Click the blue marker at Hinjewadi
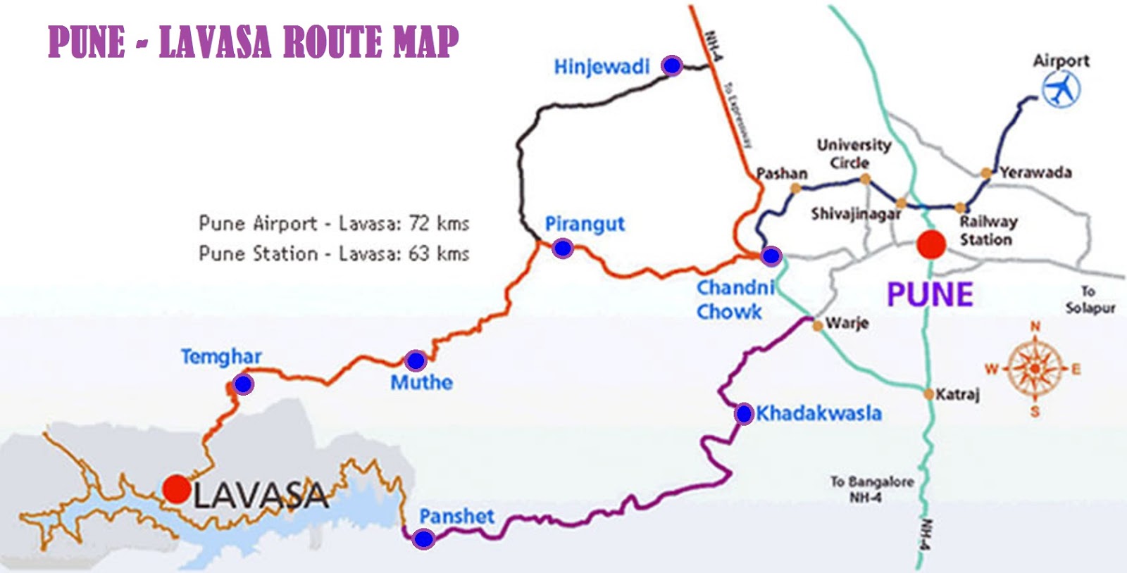click(x=672, y=65)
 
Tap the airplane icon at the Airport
click(x=1060, y=90)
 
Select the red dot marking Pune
click(x=930, y=245)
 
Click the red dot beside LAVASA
click(x=176, y=489)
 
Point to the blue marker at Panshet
click(x=423, y=539)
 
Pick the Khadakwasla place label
click(x=818, y=413)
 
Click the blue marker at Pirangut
click(x=562, y=248)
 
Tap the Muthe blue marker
click(x=416, y=360)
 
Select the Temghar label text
click(x=220, y=356)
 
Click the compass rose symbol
click(x=1034, y=368)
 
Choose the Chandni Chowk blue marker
click(x=771, y=256)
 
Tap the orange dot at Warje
click(x=817, y=325)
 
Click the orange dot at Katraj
click(x=930, y=394)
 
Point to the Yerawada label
click(x=1035, y=172)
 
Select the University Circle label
click(x=853, y=153)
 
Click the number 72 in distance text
click(x=419, y=223)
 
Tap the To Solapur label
click(x=1090, y=299)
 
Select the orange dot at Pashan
click(x=795, y=188)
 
